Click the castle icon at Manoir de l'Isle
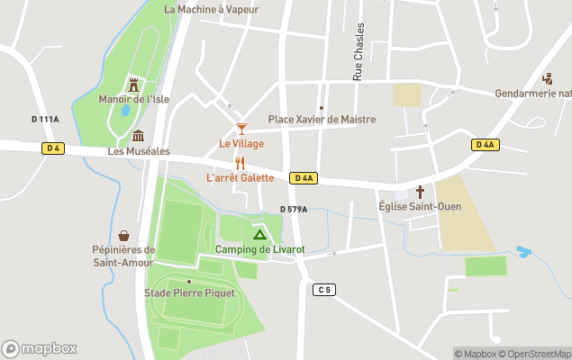coord(134,85)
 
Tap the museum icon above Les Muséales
coord(138,136)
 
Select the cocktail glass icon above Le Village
coord(241,130)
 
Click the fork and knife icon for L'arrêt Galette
coord(240,163)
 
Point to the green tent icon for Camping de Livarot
coord(259,234)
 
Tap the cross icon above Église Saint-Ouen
coord(420,192)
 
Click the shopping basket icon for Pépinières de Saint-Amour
coord(123,236)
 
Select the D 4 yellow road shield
coord(53,148)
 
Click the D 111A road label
coord(45,119)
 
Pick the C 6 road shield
coord(324,289)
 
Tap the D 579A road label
coord(294,210)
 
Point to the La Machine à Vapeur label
coord(212,10)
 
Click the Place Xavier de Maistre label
coord(322,120)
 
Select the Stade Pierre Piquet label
coord(189,293)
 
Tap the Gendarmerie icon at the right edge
coord(547,79)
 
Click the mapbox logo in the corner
coord(40,349)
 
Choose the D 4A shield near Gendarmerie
coord(484,145)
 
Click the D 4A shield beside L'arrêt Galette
coord(304,178)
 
